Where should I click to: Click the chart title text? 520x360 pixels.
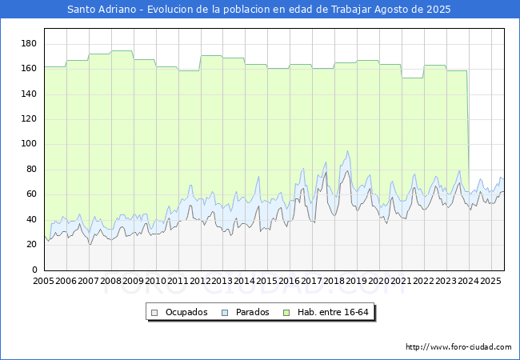(x=259, y=10)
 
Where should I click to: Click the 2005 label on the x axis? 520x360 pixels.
(x=43, y=282)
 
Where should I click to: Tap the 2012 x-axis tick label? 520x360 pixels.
(x=200, y=282)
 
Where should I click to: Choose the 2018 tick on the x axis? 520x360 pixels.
(x=334, y=282)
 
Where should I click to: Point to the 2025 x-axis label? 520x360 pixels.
(x=490, y=282)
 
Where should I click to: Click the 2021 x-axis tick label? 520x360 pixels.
(x=402, y=282)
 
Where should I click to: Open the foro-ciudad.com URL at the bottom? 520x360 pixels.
(x=458, y=347)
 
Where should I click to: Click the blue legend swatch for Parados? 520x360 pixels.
(x=226, y=312)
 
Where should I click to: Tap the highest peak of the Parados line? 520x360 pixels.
(x=347, y=151)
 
